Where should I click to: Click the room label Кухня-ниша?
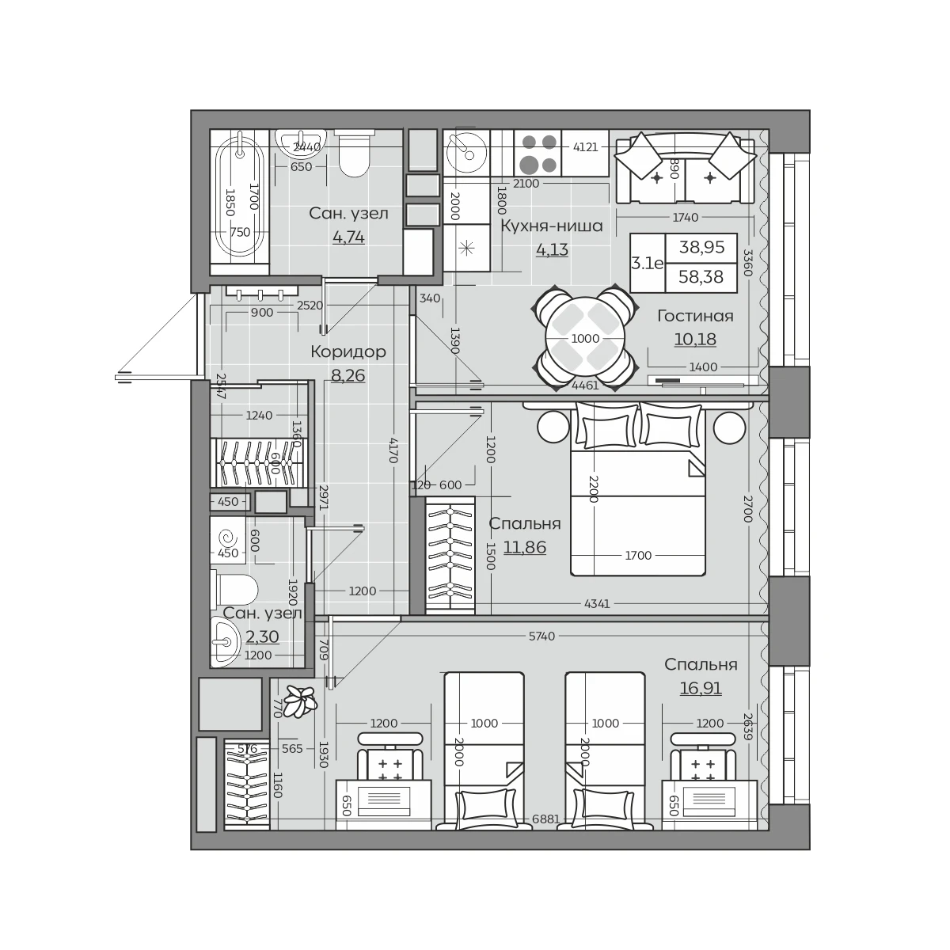coord(552,226)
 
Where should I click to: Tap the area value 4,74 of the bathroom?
coord(348,237)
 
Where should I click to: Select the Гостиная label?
coord(695,316)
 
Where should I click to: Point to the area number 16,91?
coord(701,688)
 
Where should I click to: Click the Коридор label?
coord(348,352)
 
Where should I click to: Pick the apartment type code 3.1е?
coord(648,264)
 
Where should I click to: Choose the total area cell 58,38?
coord(701,277)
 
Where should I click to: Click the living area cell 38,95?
coord(701,247)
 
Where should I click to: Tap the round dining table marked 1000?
coord(585,339)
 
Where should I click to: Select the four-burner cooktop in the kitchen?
coord(538,153)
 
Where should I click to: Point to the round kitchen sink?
coord(466,154)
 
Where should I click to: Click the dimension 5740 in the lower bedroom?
coord(541,636)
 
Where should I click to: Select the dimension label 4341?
coord(597,603)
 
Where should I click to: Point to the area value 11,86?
coord(525,547)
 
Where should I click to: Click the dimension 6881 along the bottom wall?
coord(545,819)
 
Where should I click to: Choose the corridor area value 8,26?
coord(348,376)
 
